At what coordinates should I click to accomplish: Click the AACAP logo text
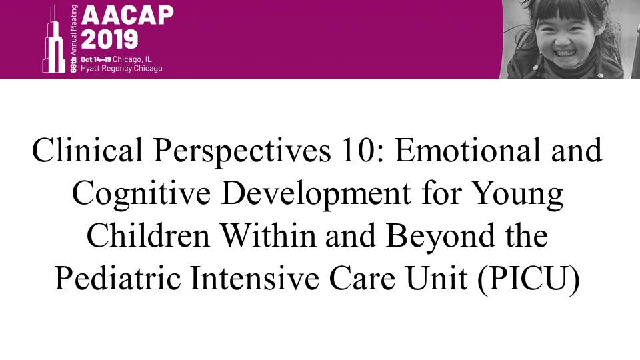128,15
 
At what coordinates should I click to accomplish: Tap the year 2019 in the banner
109,39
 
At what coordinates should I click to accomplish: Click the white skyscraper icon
54,40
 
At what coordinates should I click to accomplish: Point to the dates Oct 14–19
96,59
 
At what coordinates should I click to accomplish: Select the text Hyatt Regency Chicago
121,68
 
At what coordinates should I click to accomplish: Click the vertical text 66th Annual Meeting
73,39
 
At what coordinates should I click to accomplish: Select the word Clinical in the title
87,150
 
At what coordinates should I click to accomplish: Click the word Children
148,236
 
